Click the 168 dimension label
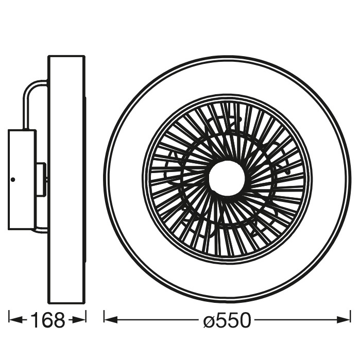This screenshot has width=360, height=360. pos(48,320)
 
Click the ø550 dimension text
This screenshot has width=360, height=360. pos(227,320)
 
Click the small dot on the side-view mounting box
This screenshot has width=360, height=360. pos(13,180)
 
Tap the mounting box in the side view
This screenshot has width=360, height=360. pos(22,180)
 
